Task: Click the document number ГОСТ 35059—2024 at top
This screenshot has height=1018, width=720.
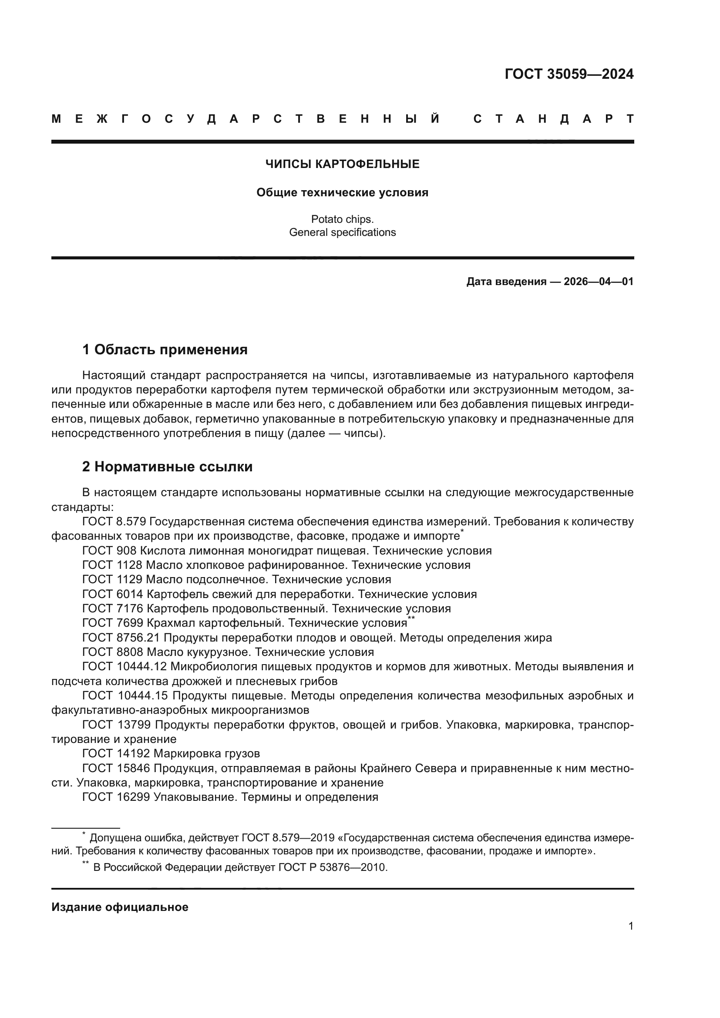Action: (x=569, y=74)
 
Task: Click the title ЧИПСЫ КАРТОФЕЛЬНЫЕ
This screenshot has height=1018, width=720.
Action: (x=342, y=165)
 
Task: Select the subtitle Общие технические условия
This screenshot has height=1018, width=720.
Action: (x=342, y=193)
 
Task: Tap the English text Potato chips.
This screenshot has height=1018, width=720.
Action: (x=342, y=219)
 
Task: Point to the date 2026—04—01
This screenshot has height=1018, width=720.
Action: (x=598, y=282)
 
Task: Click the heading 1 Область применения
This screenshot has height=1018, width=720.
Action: (x=165, y=350)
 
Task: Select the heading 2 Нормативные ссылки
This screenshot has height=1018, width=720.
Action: (x=167, y=467)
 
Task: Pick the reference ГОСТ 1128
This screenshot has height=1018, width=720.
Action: (x=112, y=565)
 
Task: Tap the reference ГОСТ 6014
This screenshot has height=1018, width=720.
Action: (x=113, y=594)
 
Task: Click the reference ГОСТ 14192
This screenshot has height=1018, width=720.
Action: (x=116, y=754)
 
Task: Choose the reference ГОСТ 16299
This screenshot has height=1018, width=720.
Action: (x=116, y=797)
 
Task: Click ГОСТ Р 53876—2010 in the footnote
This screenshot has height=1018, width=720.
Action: (x=333, y=868)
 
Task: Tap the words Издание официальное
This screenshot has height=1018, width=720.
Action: (x=120, y=907)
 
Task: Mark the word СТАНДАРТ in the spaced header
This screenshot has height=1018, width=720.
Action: (x=553, y=119)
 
